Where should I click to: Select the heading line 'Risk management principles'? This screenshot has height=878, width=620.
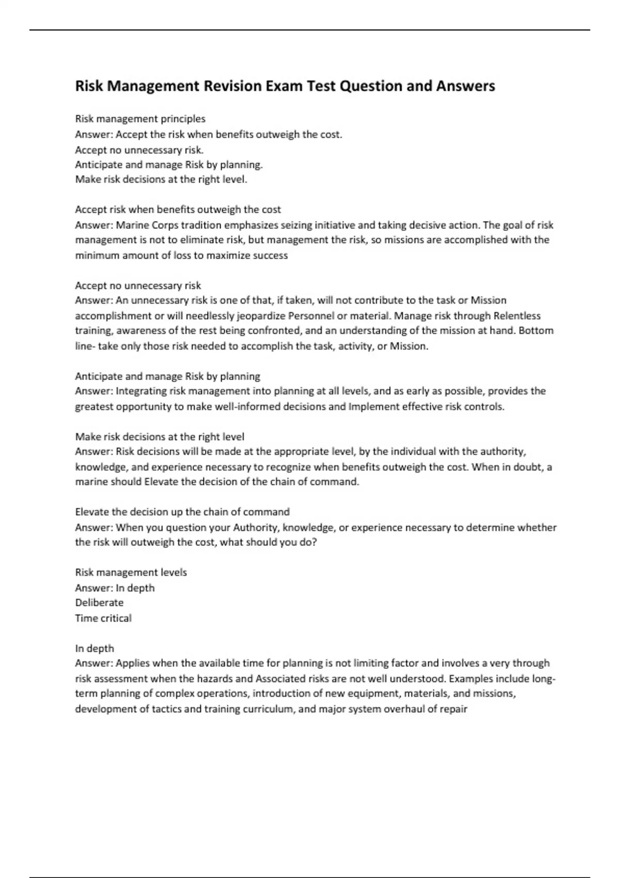(140, 119)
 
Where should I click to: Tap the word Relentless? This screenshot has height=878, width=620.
(517, 316)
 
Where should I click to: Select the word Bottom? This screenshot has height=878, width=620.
(536, 331)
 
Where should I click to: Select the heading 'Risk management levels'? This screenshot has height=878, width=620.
(131, 572)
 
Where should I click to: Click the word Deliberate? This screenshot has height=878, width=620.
(99, 603)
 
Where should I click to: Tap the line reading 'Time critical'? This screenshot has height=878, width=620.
(103, 618)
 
